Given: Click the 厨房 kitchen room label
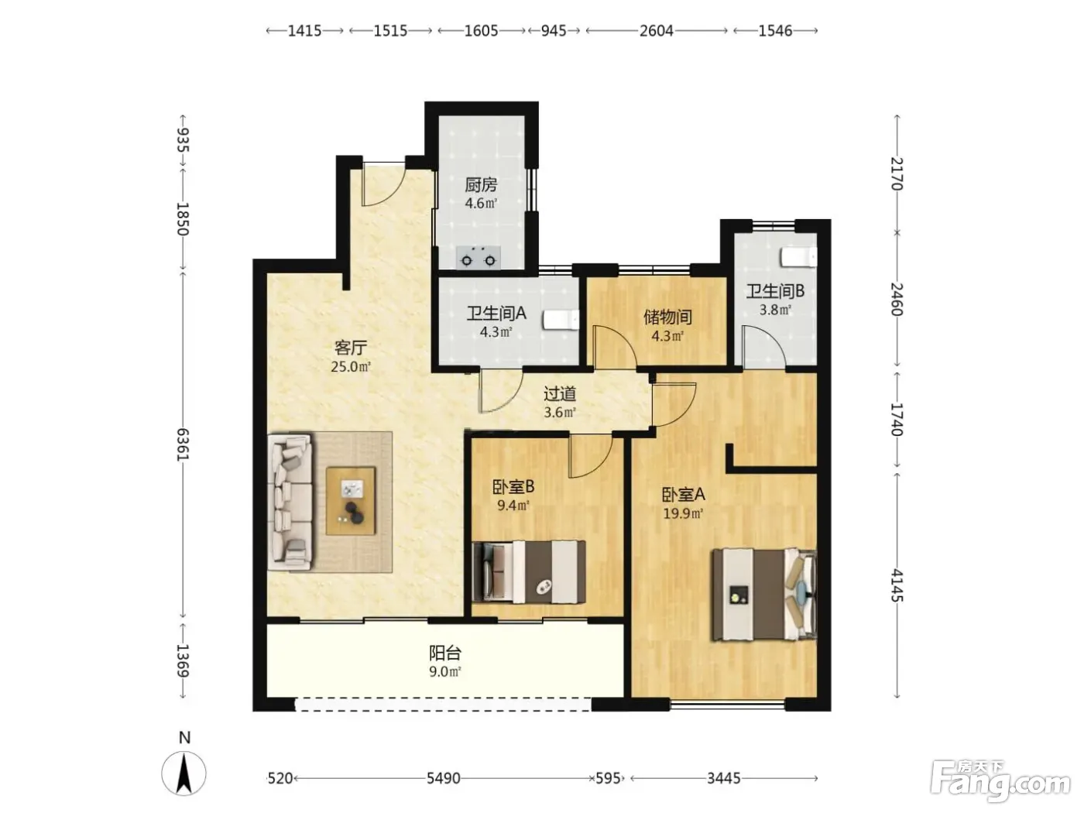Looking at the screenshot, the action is click(x=481, y=184).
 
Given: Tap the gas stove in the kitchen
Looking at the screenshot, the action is click(x=478, y=258).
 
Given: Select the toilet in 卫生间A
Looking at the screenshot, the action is click(x=561, y=319).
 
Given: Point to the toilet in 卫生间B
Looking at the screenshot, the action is click(x=798, y=257).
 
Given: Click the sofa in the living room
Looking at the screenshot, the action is click(x=290, y=502).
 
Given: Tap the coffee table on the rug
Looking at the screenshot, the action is click(x=351, y=501).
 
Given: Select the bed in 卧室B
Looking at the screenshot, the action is click(x=529, y=571).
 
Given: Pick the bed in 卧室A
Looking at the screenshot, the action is click(x=763, y=595).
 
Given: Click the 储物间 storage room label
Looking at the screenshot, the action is click(x=667, y=317).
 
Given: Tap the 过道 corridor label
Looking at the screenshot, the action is click(x=560, y=393).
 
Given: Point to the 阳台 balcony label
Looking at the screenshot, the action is click(x=444, y=653).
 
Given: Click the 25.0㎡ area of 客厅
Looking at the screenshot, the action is click(x=351, y=366).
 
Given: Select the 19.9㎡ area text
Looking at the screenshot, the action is click(x=683, y=513).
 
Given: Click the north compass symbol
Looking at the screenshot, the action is click(x=184, y=773).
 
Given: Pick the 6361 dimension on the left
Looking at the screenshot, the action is click(x=184, y=444).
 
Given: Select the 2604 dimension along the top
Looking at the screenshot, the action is click(x=657, y=31).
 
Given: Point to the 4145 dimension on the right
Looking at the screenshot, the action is click(x=897, y=585).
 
